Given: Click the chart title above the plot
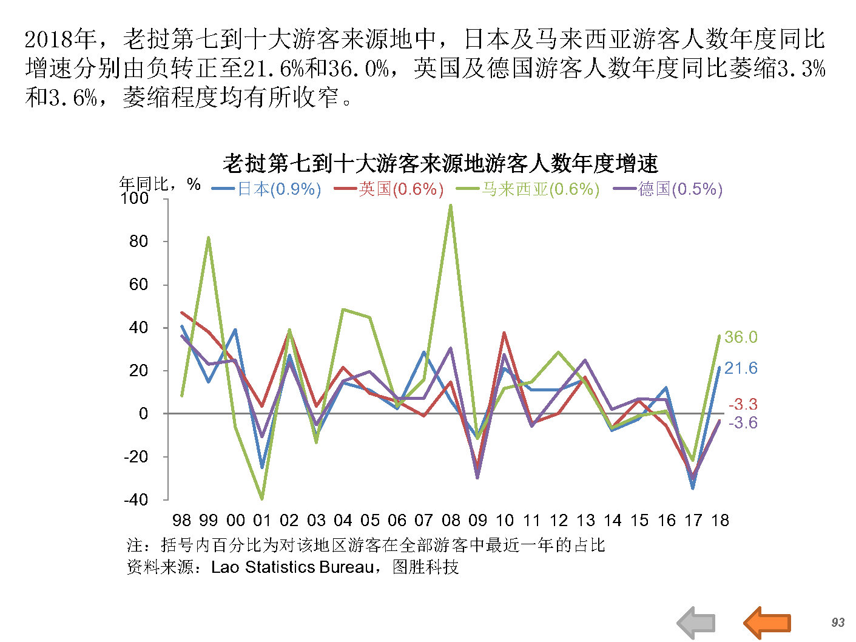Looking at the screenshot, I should [x=440, y=163].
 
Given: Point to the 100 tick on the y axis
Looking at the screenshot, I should [x=134, y=198].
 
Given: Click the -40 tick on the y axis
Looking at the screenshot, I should [x=135, y=500].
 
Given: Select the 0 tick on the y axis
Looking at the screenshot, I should [x=143, y=414].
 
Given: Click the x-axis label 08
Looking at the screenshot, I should [x=451, y=521].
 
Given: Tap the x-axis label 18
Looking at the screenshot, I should [x=720, y=521].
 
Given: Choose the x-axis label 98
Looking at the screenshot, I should [x=181, y=521].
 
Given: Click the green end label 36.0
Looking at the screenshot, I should [x=741, y=337].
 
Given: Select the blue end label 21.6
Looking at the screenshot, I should [x=741, y=368].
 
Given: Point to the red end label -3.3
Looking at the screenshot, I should [x=743, y=404].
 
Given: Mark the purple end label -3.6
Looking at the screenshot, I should [x=743, y=423].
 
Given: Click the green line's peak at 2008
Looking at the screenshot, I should [x=450, y=205].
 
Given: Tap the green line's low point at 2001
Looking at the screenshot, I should [x=262, y=499].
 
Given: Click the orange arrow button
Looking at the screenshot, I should [x=767, y=622].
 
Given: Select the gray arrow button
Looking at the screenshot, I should [x=696, y=623].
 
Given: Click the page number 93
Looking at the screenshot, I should [x=838, y=623].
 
